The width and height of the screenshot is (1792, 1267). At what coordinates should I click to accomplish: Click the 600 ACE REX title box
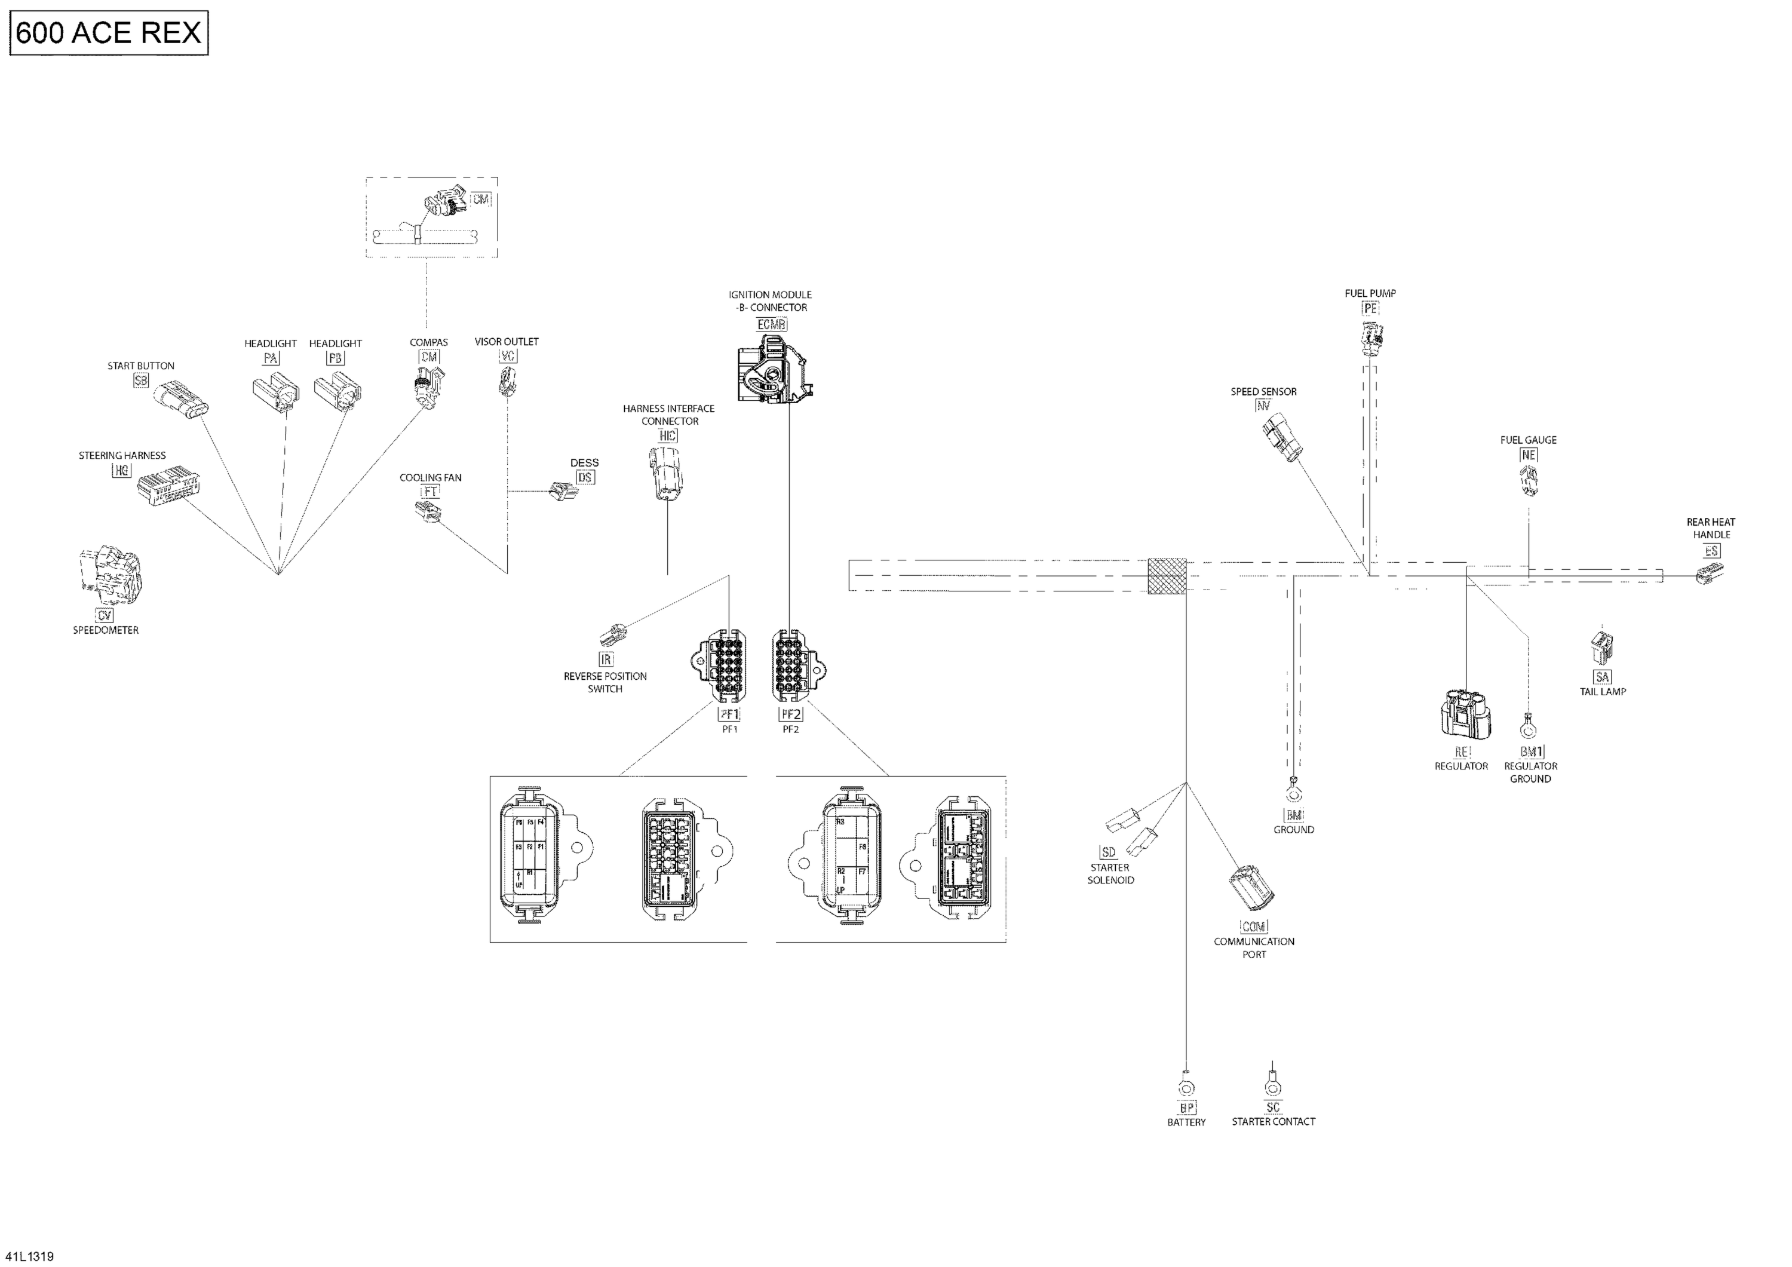(x=109, y=33)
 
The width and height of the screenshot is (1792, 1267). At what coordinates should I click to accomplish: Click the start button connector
(x=181, y=399)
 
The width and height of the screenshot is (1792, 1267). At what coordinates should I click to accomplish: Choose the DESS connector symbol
(x=563, y=492)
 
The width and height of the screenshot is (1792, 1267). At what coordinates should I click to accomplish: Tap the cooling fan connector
(x=428, y=511)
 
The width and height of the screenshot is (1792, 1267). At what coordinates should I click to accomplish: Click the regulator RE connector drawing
(x=1464, y=712)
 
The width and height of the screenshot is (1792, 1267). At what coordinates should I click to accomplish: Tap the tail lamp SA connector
(x=1601, y=647)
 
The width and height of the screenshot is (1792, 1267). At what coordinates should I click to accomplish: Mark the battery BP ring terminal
(x=1186, y=1087)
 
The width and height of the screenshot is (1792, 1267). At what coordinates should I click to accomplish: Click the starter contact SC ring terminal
(x=1273, y=1085)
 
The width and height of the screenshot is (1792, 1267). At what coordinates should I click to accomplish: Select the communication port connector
(x=1252, y=888)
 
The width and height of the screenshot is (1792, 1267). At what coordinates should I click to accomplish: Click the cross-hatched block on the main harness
(x=1167, y=576)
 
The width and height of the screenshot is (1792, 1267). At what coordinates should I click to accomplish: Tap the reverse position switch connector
(x=613, y=634)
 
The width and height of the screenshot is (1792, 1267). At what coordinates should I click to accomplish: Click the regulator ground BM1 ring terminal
(x=1527, y=728)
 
